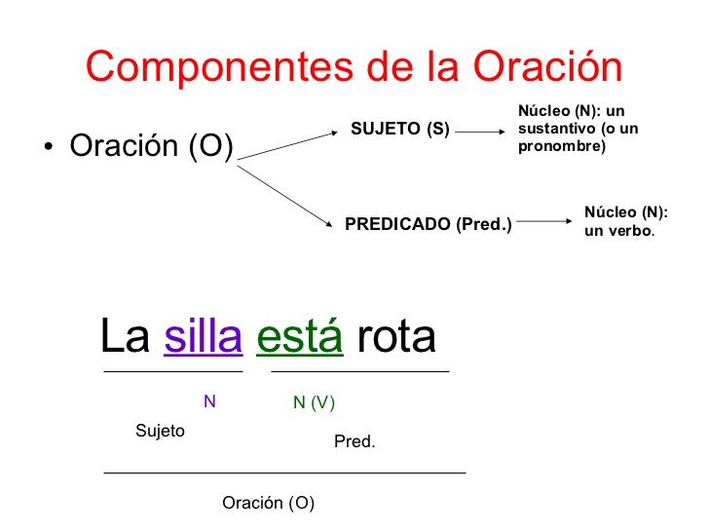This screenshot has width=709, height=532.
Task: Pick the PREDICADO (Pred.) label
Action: (x=429, y=223)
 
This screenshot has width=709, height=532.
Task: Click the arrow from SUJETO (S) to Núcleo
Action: (x=481, y=130)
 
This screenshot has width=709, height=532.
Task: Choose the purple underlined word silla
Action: (x=203, y=337)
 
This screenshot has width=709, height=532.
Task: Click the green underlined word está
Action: (x=299, y=337)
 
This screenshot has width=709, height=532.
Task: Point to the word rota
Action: (x=396, y=337)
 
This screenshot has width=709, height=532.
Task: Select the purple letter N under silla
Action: (x=208, y=401)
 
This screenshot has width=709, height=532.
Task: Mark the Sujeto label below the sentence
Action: (x=160, y=432)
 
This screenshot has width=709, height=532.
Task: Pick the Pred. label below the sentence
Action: (x=354, y=442)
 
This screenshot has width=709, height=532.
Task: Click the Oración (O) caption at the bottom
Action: (x=269, y=503)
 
